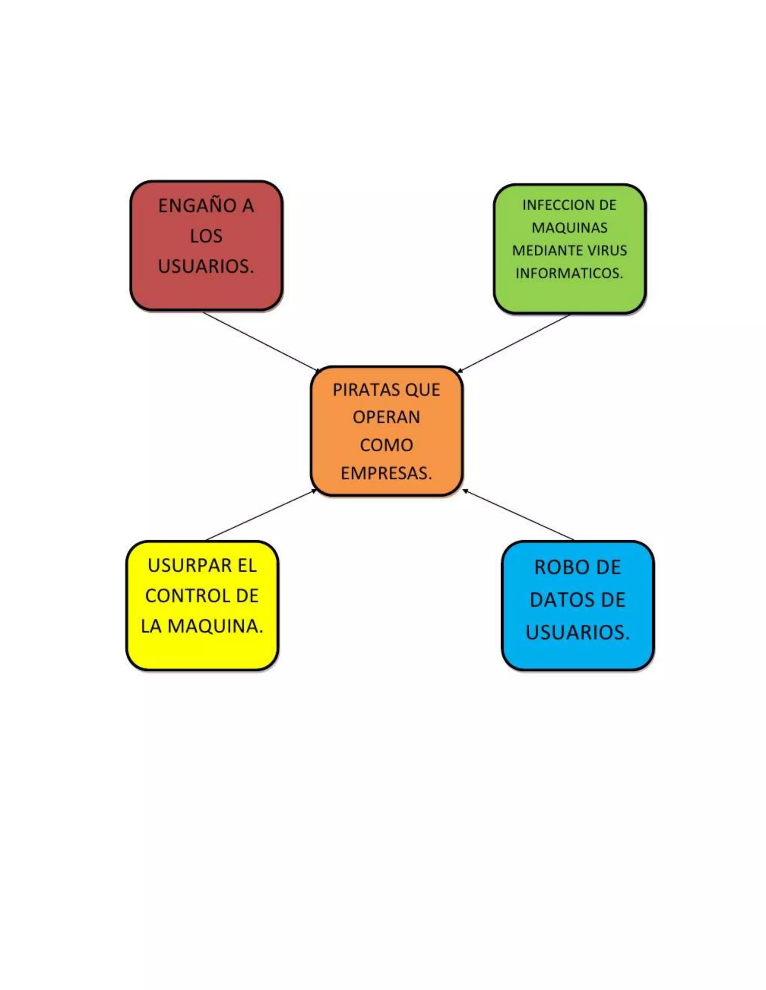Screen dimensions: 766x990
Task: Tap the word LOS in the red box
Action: (206, 236)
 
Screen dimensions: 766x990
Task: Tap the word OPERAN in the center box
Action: (386, 417)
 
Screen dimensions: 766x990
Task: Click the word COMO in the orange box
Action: (386, 445)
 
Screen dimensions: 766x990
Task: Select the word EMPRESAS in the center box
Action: (385, 473)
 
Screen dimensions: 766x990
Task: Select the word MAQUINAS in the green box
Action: (569, 228)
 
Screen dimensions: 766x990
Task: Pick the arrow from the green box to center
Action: (513, 343)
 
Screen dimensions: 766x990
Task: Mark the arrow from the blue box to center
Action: (518, 515)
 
